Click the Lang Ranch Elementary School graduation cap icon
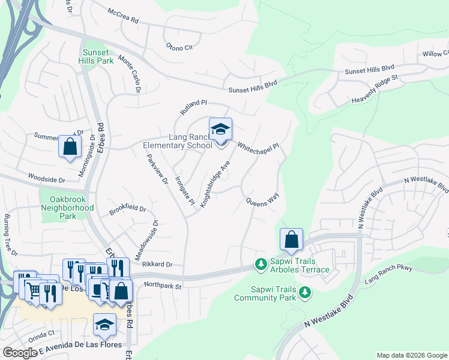[x=220, y=129]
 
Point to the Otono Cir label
[x=179, y=46]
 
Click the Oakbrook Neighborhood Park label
[x=67, y=208]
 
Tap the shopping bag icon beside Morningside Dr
[x=70, y=146]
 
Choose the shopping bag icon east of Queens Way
[x=291, y=239]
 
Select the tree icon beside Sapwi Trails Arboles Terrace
[x=261, y=264]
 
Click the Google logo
[x=20, y=353]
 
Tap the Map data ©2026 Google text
[x=411, y=355]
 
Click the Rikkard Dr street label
[x=158, y=264]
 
